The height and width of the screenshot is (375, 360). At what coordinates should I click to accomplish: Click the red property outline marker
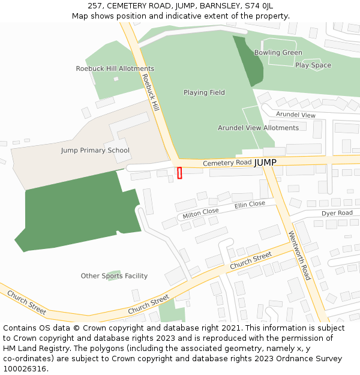[x=179, y=173]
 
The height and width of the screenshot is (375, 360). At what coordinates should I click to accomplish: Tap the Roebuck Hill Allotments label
[x=115, y=68]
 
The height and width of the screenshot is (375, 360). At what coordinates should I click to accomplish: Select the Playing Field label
[x=204, y=92]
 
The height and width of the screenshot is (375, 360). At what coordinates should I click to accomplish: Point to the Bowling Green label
[x=278, y=53]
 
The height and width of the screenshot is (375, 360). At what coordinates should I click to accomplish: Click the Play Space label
[x=313, y=65]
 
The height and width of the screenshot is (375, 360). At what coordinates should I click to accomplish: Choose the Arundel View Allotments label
[x=258, y=128]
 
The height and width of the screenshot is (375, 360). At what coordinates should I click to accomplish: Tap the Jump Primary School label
[x=95, y=151]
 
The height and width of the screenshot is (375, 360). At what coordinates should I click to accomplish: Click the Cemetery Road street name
[x=227, y=163]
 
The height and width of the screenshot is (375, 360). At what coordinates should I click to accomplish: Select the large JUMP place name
[x=265, y=163]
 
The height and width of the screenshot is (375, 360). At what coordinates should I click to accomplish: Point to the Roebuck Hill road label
[x=151, y=93]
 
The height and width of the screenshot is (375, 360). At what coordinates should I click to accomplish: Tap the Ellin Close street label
[x=250, y=205]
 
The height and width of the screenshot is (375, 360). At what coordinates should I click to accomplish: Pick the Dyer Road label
[x=337, y=213]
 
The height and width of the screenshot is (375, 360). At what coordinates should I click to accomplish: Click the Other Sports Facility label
[x=114, y=276]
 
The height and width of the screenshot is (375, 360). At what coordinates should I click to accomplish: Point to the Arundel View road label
[x=296, y=115]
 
